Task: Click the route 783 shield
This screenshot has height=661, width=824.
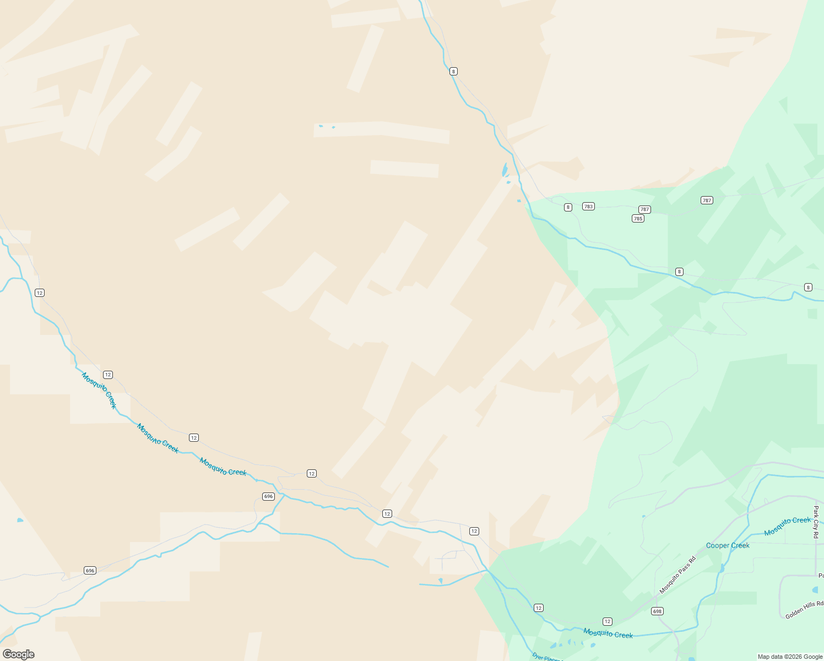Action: (x=588, y=207)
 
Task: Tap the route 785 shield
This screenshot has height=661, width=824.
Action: (x=638, y=219)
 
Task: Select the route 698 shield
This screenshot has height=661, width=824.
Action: (x=657, y=611)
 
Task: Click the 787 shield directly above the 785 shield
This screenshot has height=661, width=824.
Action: (x=644, y=209)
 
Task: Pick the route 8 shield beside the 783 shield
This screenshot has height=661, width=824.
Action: (x=568, y=207)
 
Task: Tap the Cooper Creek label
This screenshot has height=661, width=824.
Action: (x=728, y=545)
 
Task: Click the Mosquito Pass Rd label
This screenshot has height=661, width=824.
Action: (x=677, y=575)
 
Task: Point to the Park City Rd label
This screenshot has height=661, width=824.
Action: (x=816, y=522)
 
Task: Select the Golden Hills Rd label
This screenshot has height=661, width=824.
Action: (x=804, y=610)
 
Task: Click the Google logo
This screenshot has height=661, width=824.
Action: (x=19, y=654)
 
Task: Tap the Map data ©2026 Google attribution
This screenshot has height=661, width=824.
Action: (x=790, y=657)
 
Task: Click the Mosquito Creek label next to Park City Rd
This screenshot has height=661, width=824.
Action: (x=787, y=526)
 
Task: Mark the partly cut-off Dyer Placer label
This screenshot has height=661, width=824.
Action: (x=547, y=657)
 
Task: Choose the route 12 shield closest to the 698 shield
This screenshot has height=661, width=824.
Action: (x=607, y=621)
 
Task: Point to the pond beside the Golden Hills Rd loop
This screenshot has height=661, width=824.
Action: (x=816, y=590)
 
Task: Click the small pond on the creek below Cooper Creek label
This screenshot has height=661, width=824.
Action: (x=722, y=568)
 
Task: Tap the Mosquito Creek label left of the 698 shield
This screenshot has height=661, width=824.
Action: (x=608, y=633)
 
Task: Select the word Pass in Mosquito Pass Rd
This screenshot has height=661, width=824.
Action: (x=679, y=573)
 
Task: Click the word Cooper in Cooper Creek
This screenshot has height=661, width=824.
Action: (x=717, y=545)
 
